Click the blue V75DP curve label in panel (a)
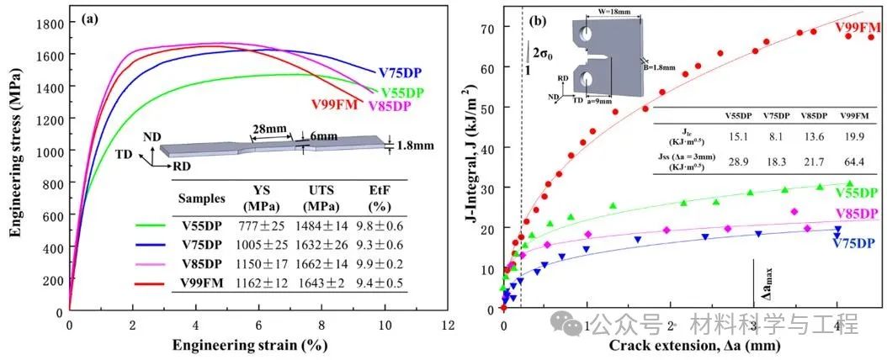[x=401, y=73]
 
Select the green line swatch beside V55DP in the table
[x=153, y=225]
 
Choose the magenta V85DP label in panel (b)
[x=855, y=214]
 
